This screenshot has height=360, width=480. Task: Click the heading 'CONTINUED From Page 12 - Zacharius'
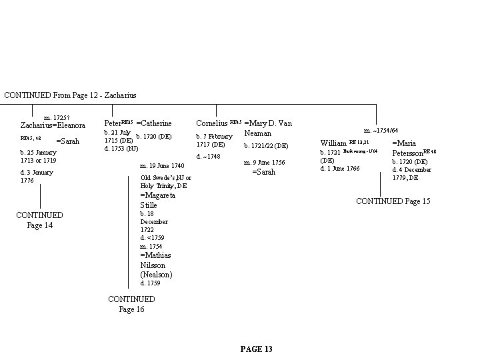(x=70, y=95)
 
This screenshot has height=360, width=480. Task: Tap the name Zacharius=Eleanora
(x=53, y=125)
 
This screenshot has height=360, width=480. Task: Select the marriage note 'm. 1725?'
(x=57, y=117)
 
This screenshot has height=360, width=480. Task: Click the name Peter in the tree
(x=113, y=123)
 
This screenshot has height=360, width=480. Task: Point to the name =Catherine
(x=154, y=123)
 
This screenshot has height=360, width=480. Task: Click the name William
(x=333, y=143)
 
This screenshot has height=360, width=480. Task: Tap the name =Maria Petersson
(x=413, y=148)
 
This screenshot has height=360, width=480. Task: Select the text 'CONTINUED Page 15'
(x=393, y=201)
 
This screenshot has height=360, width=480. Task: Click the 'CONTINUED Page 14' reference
(x=39, y=220)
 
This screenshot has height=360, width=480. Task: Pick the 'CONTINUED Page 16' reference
(x=131, y=304)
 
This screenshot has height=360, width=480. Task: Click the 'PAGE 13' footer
(x=256, y=349)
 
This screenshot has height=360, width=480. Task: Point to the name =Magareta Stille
(x=157, y=200)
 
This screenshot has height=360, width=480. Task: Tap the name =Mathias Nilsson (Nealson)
(x=156, y=265)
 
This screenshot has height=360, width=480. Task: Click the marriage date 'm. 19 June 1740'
(x=162, y=165)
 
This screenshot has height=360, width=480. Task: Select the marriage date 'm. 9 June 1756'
(x=265, y=162)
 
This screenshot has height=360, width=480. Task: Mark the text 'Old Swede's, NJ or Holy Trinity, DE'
(x=165, y=181)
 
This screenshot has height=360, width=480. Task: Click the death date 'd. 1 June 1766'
(x=340, y=168)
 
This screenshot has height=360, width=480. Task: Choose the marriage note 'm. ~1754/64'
(x=381, y=130)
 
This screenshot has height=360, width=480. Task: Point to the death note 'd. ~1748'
(x=208, y=157)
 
